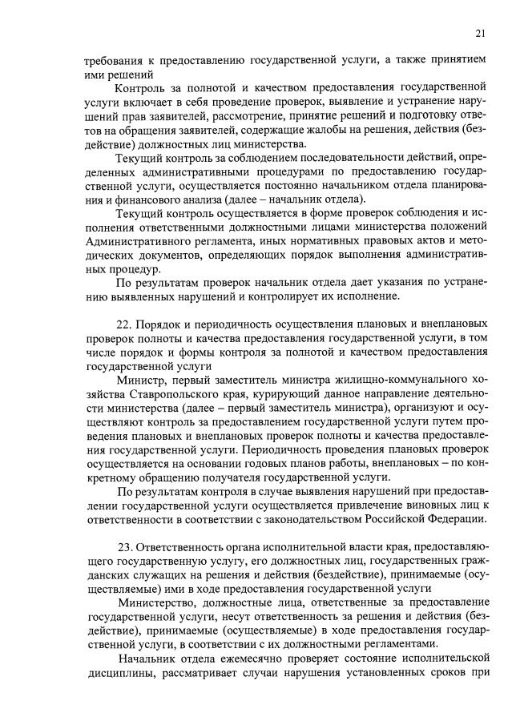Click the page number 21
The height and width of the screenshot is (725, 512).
(x=480, y=33)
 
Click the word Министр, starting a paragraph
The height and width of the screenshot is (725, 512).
(x=142, y=380)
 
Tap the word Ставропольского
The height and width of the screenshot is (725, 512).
(x=175, y=394)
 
